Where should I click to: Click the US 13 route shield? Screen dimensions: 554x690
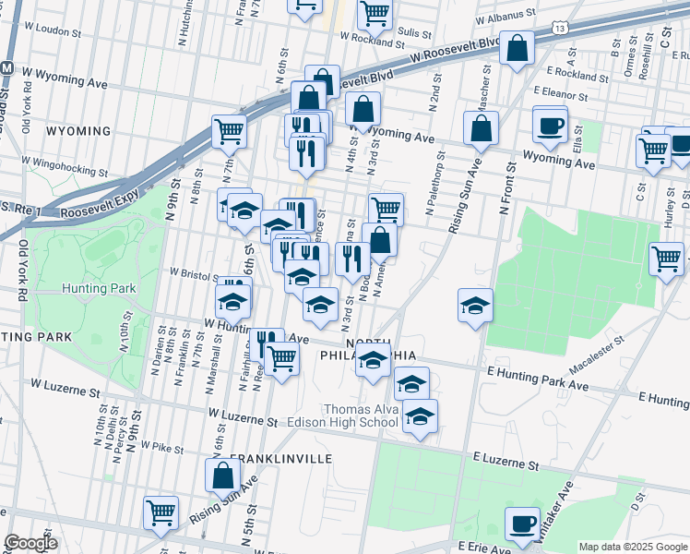(x=560, y=29)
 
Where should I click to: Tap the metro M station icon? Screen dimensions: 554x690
(x=6, y=68)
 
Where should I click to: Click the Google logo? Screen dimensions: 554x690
(x=30, y=542)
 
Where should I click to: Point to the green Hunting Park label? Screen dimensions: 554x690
(x=99, y=288)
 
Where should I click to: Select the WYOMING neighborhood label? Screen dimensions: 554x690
(x=78, y=131)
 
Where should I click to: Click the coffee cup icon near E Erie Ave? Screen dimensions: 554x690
(x=522, y=524)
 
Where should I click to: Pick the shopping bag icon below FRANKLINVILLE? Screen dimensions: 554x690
(x=222, y=476)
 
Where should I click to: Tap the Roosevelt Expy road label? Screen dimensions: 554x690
(x=98, y=211)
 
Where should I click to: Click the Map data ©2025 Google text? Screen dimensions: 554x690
(x=632, y=547)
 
